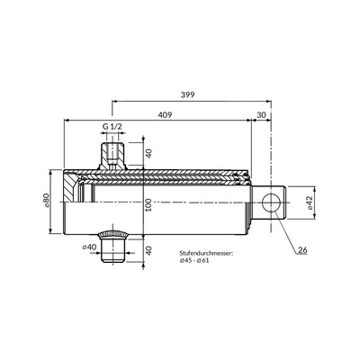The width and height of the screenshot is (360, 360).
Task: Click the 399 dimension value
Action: tap(188, 95)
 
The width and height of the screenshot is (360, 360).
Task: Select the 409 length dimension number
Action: tap(165, 115)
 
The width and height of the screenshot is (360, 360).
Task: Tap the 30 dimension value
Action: tap(261, 115)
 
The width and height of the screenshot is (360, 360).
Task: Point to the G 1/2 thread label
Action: tap(112, 127)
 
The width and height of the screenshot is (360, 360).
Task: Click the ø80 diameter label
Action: tap(46, 201)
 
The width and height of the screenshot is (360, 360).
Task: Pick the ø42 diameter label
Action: tap(310, 202)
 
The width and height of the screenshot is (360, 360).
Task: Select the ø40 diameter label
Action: tap(89, 247)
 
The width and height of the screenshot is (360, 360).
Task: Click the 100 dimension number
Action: tap(148, 205)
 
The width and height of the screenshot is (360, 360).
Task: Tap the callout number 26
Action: tap(302, 249)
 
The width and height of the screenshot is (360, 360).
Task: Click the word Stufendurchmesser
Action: tap(206, 254)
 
